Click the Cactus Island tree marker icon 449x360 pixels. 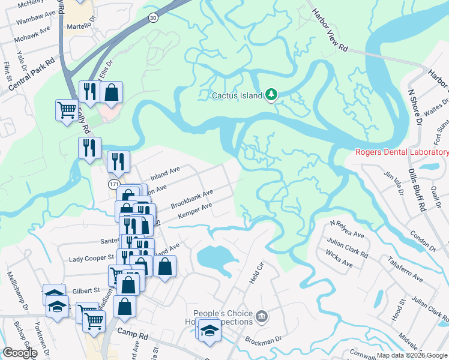click(x=272, y=94)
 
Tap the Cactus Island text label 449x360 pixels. click(x=237, y=95)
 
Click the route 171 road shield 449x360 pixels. click(x=114, y=182)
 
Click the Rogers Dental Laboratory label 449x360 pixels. click(x=402, y=152)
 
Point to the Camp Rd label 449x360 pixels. click(x=132, y=332)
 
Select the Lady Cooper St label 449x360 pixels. click(x=91, y=257)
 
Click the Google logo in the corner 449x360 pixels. click(x=20, y=353)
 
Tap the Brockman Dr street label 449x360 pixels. click(x=262, y=340)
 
